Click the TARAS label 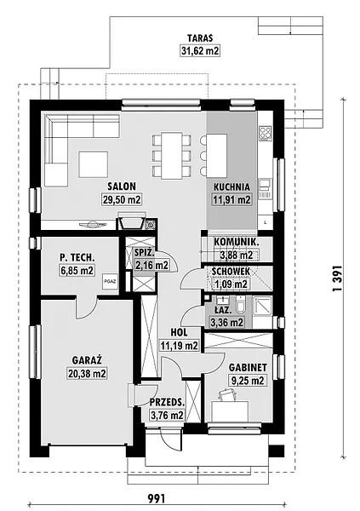coord(200,38)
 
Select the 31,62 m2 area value coord(200,51)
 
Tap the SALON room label coord(122,187)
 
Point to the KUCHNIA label coord(231,187)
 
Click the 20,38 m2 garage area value coord(88,374)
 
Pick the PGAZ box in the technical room coord(110,281)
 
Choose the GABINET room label coord(248,367)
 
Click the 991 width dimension coord(157,498)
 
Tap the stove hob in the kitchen coord(266,134)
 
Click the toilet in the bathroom coord(242,304)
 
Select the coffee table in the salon coord(93,164)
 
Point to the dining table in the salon coord(172,156)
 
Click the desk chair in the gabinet coord(228,395)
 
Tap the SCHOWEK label coord(231,271)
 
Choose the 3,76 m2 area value coord(167,415)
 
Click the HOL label coord(180,333)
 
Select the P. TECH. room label coord(77,257)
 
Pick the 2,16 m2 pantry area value coord(151,265)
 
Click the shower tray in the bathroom coord(262,307)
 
